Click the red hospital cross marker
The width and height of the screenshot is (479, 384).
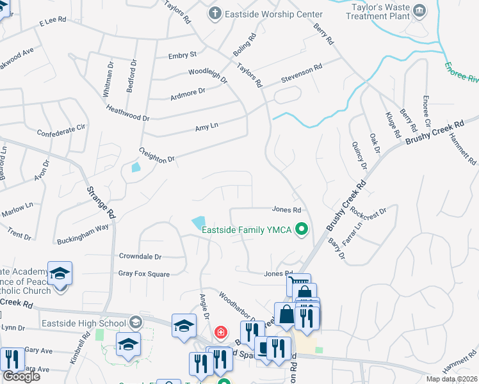click(220, 332)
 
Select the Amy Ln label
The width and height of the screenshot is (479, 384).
click(207, 127)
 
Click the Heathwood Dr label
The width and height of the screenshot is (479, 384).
click(127, 114)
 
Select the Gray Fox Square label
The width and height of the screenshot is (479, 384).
click(143, 274)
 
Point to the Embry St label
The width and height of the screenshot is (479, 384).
click(183, 56)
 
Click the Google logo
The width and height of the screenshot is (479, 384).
click(21, 376)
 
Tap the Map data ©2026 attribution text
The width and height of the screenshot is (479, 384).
click(452, 379)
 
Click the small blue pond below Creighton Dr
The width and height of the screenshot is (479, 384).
click(135, 168)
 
